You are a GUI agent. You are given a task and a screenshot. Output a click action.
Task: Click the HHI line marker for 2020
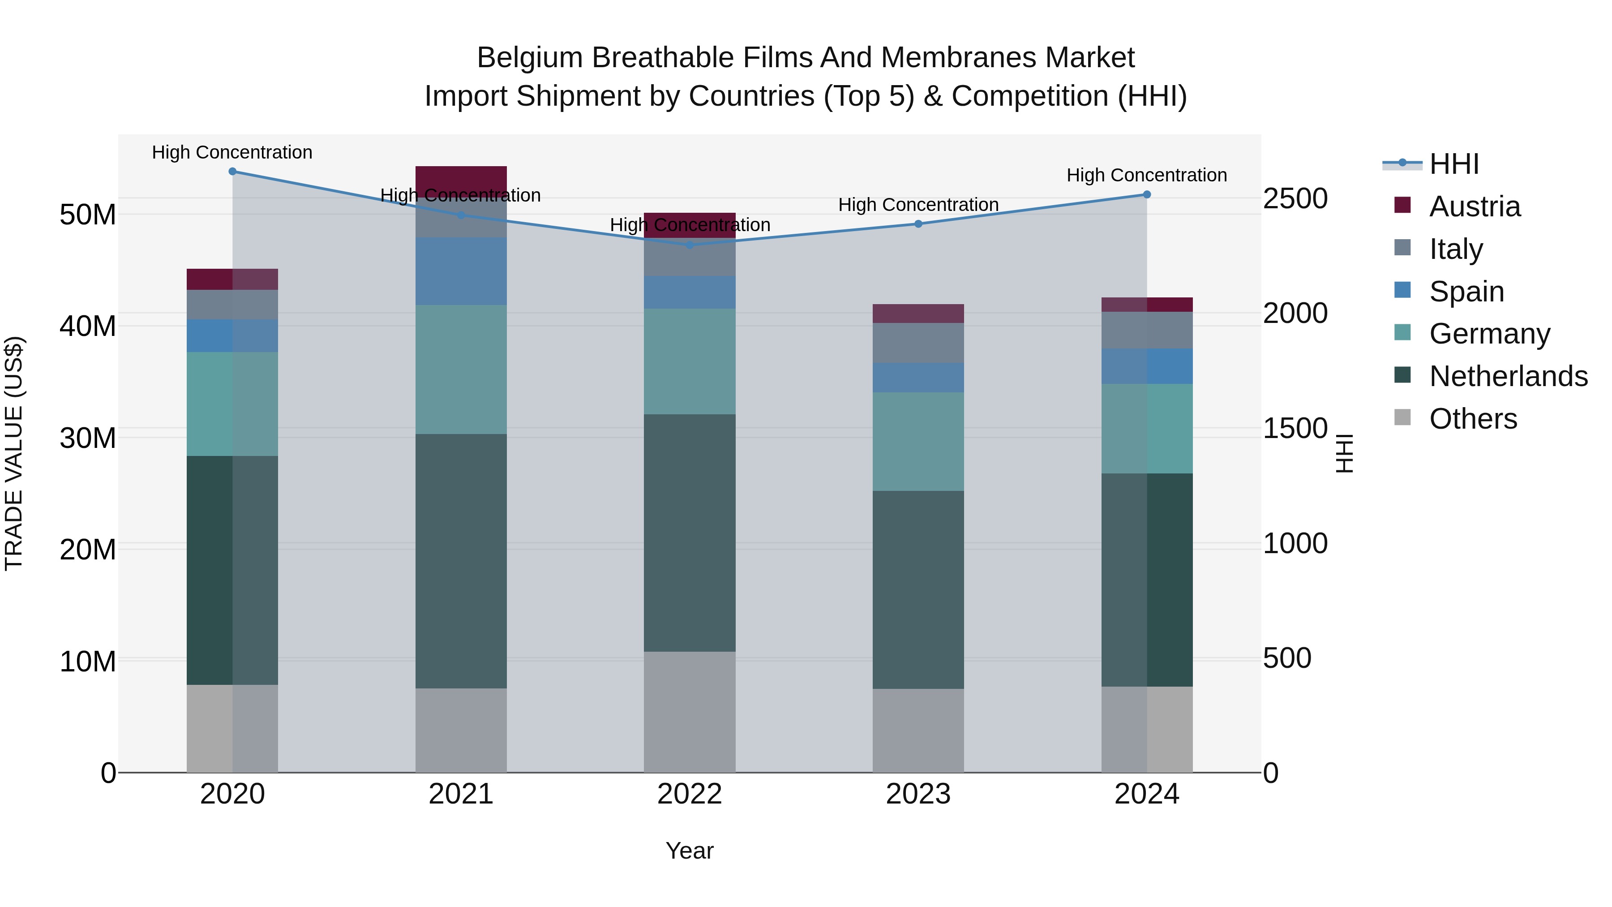coord(232,171)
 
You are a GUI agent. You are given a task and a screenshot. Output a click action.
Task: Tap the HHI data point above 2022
coord(690,245)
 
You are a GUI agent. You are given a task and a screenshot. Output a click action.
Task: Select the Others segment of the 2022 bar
coord(690,712)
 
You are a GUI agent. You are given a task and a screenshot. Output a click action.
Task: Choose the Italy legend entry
coord(1456,249)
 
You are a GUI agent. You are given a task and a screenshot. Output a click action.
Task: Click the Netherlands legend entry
coord(1508,376)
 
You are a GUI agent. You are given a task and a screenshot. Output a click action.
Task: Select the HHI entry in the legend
coord(1453,164)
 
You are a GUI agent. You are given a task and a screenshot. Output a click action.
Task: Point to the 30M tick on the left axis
coord(88,438)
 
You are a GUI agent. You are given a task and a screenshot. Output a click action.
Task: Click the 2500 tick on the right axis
coord(1295,198)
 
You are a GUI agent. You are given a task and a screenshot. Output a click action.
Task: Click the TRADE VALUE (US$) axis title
coord(14,453)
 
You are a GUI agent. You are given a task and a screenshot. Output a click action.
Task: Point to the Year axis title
coord(690,851)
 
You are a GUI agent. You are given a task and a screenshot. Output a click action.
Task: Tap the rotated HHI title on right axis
coord(1344,453)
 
